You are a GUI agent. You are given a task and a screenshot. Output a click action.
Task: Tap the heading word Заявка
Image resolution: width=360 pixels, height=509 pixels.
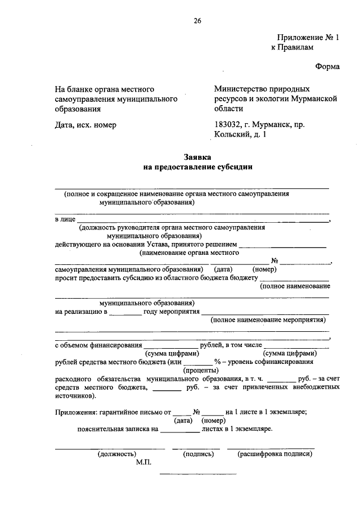[x=197, y=158]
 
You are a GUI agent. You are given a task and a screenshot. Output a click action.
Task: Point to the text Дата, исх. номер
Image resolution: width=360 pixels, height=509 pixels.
[x=85, y=125]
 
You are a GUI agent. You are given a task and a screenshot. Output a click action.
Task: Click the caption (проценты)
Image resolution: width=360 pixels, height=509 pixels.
[x=201, y=370]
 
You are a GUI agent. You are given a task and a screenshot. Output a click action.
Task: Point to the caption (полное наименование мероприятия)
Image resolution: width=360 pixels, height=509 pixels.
[x=268, y=320]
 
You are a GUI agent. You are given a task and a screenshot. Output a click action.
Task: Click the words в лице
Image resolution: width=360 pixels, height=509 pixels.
[x=65, y=219]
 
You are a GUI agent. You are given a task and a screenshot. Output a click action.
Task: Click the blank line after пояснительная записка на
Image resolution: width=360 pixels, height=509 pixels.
[x=179, y=430]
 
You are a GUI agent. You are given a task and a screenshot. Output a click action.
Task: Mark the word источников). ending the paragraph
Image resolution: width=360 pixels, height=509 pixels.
[x=76, y=395]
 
